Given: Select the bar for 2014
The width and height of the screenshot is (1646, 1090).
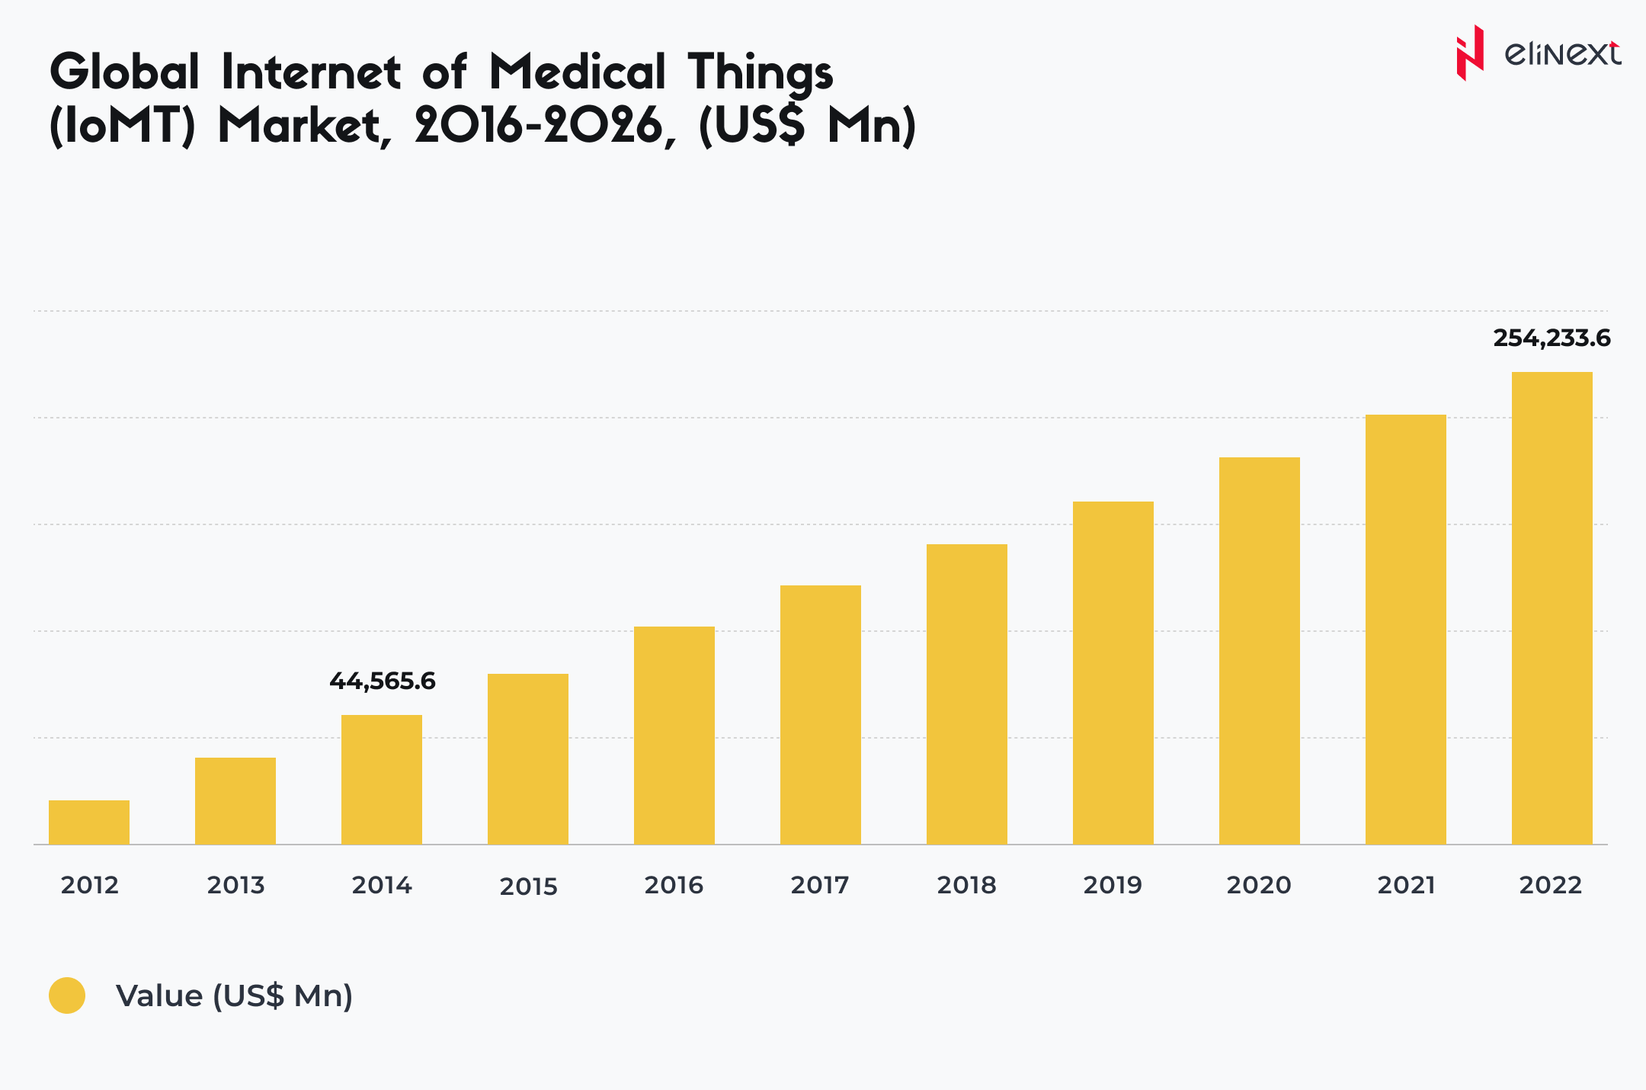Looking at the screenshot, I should tap(382, 779).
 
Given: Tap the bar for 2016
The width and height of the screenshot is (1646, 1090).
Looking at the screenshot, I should tap(674, 735).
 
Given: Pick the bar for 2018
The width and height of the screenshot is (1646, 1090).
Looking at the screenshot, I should tap(967, 694).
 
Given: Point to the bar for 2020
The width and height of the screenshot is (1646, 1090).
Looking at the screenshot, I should tap(1260, 650).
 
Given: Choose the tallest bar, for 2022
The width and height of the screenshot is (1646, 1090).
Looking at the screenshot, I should tap(1552, 608).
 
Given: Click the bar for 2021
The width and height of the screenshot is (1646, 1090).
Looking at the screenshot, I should tap(1406, 629).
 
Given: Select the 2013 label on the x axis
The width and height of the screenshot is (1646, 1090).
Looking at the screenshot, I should tap(235, 885).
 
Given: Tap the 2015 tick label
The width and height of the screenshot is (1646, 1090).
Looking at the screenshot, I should tap(528, 886).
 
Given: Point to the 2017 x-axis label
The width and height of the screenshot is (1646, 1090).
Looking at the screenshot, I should tap(820, 885).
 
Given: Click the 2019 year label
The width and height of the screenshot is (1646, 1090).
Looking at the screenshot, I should tap(1113, 885).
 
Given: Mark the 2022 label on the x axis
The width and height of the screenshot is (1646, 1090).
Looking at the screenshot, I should tap(1551, 885).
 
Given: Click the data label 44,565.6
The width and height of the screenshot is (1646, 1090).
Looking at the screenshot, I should tap(383, 681).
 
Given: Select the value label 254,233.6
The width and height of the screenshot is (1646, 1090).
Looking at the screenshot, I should tap(1552, 338).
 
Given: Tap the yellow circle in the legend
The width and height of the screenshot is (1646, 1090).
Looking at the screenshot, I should tap(67, 995).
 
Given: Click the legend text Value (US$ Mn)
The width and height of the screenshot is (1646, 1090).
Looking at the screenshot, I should tap(234, 995).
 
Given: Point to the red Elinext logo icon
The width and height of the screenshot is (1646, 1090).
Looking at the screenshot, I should tap(1470, 53).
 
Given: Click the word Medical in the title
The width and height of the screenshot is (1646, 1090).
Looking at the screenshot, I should tap(578, 72).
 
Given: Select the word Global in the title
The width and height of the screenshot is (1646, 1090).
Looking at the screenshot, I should tap(125, 72).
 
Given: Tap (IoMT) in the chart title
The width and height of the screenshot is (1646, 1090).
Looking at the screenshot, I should tap(123, 126).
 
